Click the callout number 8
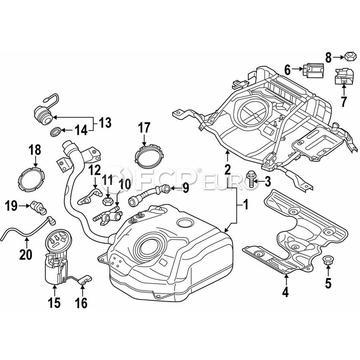328,58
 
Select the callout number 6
287,70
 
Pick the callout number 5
328,283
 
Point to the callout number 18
35,150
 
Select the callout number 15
54,303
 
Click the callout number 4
285,292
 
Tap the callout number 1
246,206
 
